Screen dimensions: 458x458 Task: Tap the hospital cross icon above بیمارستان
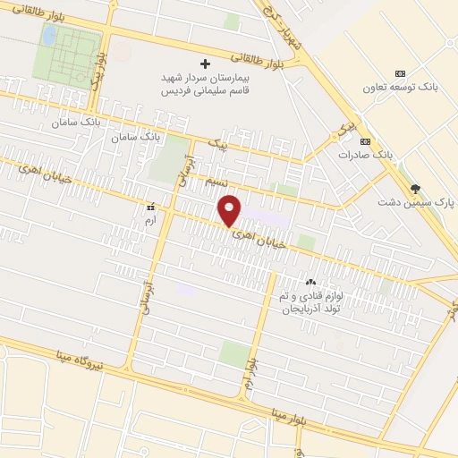205,64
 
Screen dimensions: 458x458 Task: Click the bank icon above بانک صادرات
364,141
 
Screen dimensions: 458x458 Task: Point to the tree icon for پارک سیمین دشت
414,188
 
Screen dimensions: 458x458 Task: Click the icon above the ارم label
150,205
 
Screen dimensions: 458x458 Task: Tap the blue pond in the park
50,35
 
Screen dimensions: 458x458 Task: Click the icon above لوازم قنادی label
310,283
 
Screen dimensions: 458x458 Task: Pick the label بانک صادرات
365,155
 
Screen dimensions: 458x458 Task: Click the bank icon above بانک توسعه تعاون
400,73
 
